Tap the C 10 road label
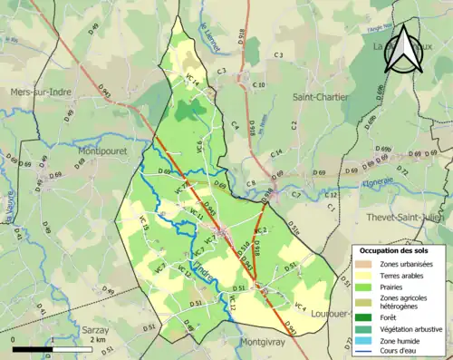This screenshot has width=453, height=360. [x=259, y=85]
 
